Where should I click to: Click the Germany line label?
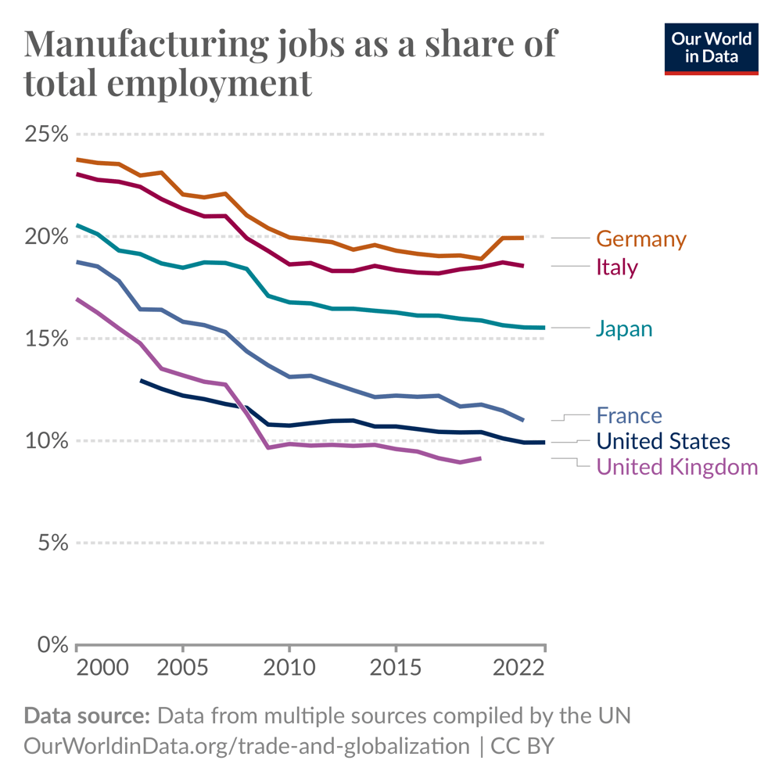coord(640,239)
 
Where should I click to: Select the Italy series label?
coord(617,267)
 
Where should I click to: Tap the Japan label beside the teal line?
coord(623,328)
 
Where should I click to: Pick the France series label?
coord(629,414)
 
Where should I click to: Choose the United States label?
coord(663,441)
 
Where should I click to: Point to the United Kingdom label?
coord(677,467)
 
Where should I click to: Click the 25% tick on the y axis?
coord(45,135)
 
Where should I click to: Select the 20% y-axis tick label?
coord(45,236)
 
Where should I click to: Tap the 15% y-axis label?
coord(45,339)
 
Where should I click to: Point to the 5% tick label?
coord(51,542)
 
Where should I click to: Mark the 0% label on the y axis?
coord(51,644)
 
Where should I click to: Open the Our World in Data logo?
coord(712,48)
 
